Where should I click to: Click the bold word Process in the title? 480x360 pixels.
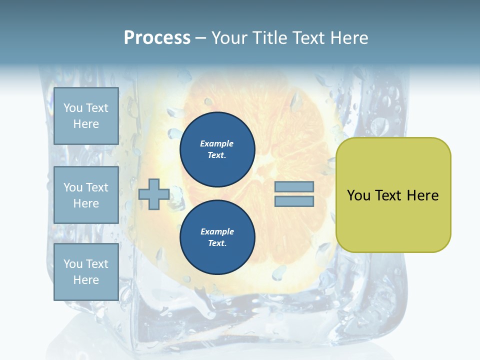(x=157, y=38)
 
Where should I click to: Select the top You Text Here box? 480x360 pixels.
(x=86, y=116)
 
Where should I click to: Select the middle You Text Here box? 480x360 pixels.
(x=86, y=195)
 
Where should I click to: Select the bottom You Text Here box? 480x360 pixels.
(x=86, y=271)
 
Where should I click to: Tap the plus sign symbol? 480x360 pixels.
(x=153, y=194)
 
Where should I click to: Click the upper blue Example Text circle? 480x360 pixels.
(x=217, y=149)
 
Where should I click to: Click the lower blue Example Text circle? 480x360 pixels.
(x=217, y=237)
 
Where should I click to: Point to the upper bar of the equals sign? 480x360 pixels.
(x=294, y=187)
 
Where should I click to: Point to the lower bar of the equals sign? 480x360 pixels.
(x=294, y=201)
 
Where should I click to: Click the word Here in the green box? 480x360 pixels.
(x=422, y=195)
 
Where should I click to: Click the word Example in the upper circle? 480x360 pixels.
(x=217, y=144)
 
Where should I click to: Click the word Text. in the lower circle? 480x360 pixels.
(x=217, y=243)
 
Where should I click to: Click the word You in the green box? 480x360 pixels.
(x=358, y=195)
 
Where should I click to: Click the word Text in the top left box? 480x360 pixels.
(x=97, y=108)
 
